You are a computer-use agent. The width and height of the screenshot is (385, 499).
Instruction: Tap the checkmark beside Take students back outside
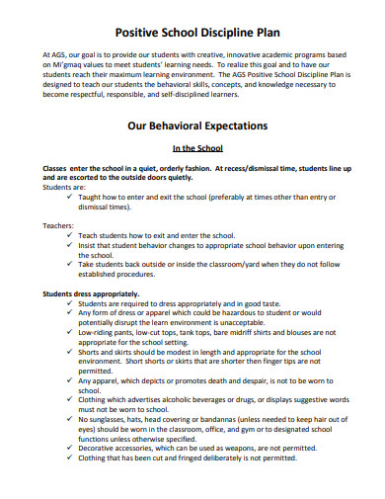[69, 264]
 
